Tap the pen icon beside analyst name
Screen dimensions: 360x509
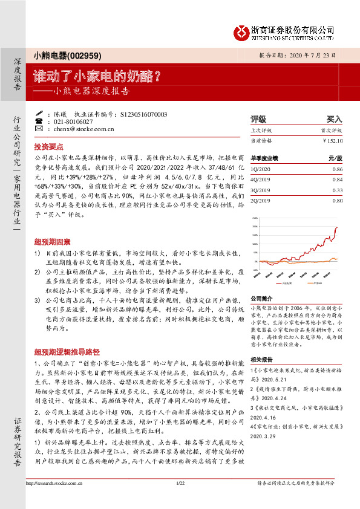point(40,113)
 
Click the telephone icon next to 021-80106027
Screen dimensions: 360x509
point(40,121)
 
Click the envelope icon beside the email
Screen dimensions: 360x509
point(40,129)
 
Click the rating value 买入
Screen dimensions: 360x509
point(334,119)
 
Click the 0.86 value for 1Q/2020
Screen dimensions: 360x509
point(337,169)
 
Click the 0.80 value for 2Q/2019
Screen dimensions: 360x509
point(337,200)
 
